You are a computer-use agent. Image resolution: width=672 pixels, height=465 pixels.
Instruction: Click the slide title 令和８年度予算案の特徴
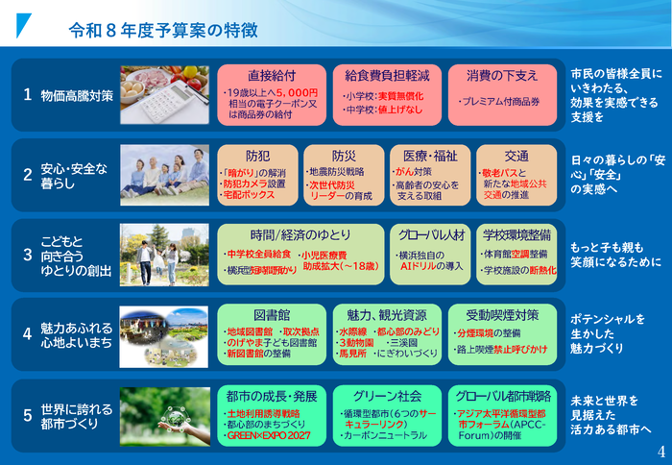163,31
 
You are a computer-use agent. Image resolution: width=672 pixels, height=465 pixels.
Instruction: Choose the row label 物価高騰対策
77,96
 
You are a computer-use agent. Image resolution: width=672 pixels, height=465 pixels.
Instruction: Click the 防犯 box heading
258,155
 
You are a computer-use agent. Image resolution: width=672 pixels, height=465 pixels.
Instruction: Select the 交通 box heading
516,155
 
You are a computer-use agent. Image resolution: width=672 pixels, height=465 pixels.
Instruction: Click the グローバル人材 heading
429,233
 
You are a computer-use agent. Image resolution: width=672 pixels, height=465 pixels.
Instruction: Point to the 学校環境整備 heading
516,233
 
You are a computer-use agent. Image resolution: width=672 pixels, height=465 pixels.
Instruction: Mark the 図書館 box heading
272,314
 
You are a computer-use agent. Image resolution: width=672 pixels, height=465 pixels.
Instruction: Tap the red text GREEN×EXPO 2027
265,435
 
